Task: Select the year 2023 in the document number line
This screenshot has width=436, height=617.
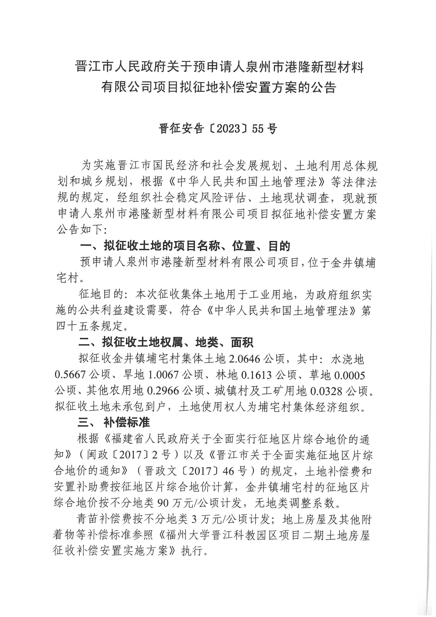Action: (x=228, y=129)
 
